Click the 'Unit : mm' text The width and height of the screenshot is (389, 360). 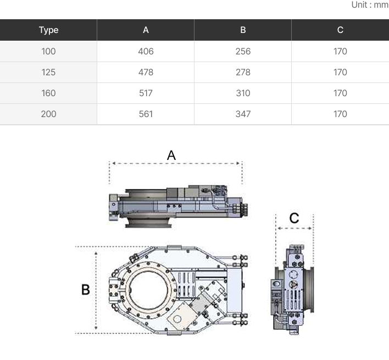(369, 5)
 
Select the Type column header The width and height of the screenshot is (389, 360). (48, 30)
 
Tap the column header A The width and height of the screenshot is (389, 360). (146, 30)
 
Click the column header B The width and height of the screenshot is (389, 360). (243, 30)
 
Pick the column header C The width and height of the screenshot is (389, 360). (340, 30)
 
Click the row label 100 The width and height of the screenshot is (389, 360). (48, 52)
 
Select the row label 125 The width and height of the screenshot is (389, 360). (48, 73)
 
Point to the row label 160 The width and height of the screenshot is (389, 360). (48, 93)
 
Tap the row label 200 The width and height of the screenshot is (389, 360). (48, 114)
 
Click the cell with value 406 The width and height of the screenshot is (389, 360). (146, 52)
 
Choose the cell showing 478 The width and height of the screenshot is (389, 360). (146, 73)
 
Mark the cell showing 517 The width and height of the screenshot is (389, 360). (146, 93)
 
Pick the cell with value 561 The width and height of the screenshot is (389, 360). (146, 114)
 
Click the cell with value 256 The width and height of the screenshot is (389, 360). (243, 52)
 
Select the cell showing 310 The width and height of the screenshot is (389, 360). (243, 93)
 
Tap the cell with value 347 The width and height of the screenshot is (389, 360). (243, 114)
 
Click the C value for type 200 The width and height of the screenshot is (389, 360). (340, 114)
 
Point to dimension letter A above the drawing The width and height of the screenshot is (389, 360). (171, 156)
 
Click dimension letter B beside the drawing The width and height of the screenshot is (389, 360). (86, 290)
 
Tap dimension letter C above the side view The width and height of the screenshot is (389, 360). (294, 218)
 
